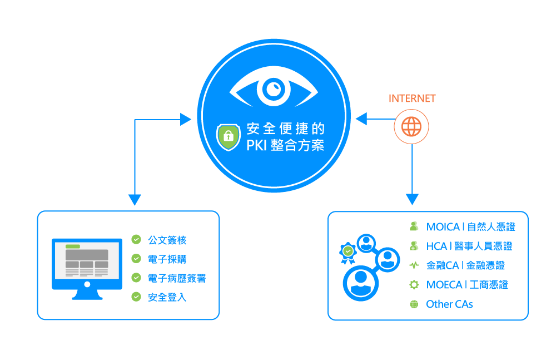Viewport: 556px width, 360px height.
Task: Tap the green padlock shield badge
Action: coord(228,136)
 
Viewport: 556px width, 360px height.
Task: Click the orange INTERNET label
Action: coord(411,98)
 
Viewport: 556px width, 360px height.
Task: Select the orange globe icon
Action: coord(411,127)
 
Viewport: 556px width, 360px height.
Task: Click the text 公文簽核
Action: coord(167,240)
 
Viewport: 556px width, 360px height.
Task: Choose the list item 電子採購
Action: coord(167,259)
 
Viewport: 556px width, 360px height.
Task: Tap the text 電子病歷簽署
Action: coord(176,278)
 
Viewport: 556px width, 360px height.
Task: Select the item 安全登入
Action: coord(167,297)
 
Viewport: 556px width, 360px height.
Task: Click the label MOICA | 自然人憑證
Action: coord(470,227)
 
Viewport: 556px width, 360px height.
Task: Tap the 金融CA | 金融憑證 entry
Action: coord(465,265)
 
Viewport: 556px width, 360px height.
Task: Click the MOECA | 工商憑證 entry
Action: coord(467,285)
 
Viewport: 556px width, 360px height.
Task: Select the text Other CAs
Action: coord(449,304)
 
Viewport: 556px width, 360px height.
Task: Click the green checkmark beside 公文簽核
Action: coord(136,240)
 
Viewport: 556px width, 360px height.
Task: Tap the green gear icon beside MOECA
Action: coord(414,285)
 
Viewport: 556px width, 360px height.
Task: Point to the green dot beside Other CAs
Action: coord(414,304)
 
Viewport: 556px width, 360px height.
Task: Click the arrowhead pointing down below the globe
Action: coord(411,199)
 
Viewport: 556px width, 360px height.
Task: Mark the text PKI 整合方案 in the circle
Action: coord(285,145)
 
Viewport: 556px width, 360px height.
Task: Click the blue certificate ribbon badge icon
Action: coord(348,253)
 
